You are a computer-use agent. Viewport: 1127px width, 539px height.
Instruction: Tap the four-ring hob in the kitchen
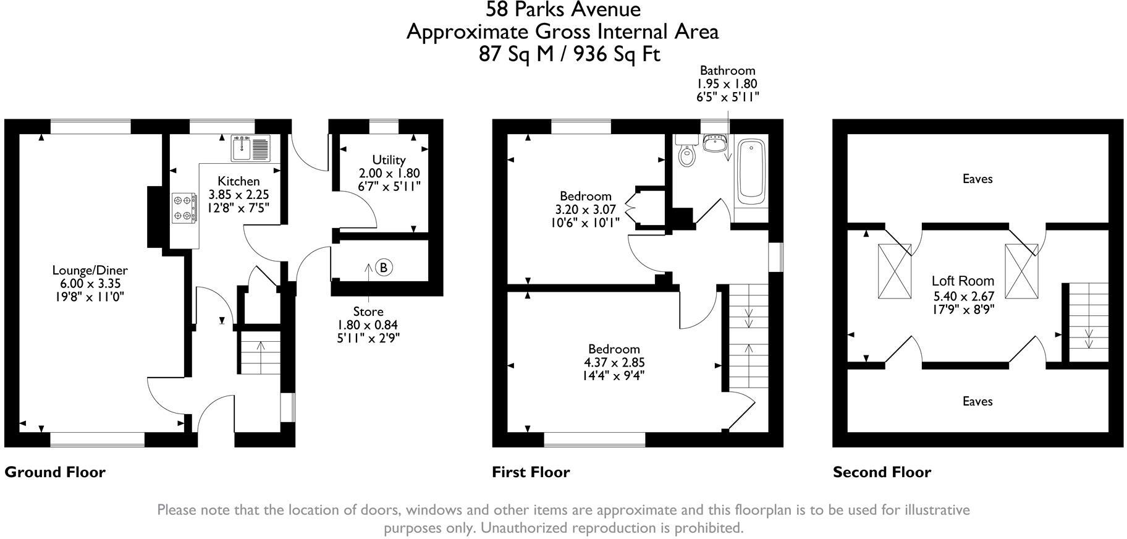click(x=184, y=208)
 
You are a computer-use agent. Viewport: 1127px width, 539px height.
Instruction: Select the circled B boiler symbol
click(x=384, y=268)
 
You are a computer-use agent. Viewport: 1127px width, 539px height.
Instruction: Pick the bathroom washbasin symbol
click(x=715, y=143)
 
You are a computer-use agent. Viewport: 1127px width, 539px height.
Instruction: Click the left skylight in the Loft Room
click(x=895, y=271)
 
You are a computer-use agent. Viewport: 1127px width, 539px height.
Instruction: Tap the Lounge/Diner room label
click(x=90, y=270)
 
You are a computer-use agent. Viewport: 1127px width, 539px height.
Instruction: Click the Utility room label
click(x=389, y=160)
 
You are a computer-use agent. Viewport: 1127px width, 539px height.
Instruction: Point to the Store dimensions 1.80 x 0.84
click(x=368, y=325)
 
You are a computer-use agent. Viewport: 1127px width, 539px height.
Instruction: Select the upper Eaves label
click(x=977, y=179)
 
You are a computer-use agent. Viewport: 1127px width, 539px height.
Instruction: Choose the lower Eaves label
click(x=977, y=401)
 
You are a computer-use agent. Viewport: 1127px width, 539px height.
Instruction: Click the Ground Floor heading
click(x=55, y=472)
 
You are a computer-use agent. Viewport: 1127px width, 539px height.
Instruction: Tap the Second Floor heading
click(x=882, y=472)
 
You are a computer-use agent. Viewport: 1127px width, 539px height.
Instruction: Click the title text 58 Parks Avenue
click(x=563, y=9)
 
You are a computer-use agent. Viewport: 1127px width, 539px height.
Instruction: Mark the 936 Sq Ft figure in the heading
click(x=617, y=54)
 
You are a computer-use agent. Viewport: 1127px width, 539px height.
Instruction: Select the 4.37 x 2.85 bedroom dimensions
click(x=614, y=362)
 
